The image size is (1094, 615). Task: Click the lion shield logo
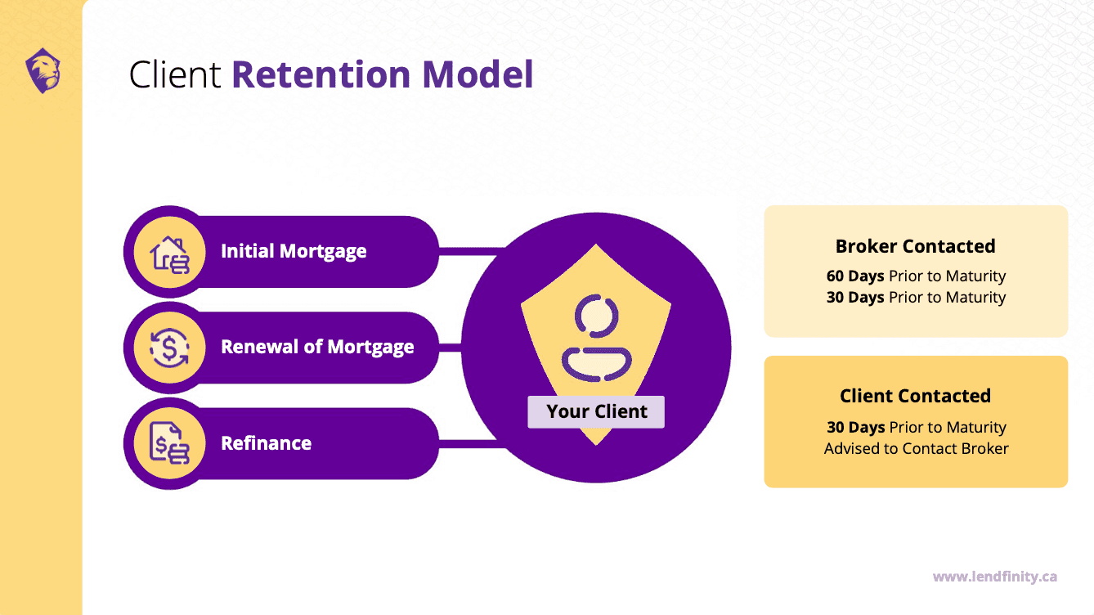[x=42, y=70]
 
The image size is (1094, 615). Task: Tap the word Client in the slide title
[x=175, y=74]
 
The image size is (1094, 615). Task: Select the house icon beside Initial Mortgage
[x=169, y=252]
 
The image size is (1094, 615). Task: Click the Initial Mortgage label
[x=294, y=251]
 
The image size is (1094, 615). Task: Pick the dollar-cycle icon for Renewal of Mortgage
[x=169, y=348]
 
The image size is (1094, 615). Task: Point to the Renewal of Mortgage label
[x=317, y=347]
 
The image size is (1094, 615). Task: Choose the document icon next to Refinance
[x=169, y=444]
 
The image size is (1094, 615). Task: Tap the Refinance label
[x=266, y=443]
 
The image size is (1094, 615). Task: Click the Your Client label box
[x=596, y=411]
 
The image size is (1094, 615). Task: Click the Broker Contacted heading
[x=915, y=246]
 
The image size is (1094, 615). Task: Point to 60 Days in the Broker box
[x=855, y=276]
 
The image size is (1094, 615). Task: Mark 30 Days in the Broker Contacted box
[x=855, y=298]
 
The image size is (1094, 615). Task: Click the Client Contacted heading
[x=915, y=396]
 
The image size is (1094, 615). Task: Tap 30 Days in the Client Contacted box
[x=855, y=428]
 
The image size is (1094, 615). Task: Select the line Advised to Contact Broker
[x=916, y=449]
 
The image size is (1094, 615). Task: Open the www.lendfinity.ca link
[x=994, y=577]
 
